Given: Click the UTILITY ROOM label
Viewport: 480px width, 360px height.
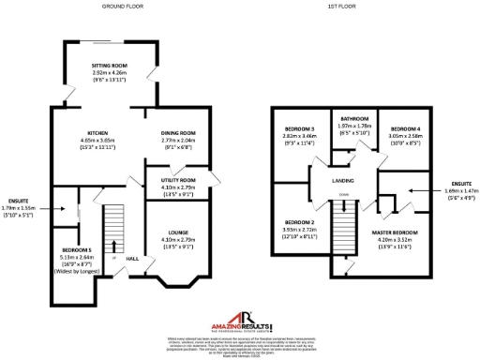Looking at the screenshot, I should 177,179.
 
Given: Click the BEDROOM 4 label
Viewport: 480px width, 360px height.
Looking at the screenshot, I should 406,127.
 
